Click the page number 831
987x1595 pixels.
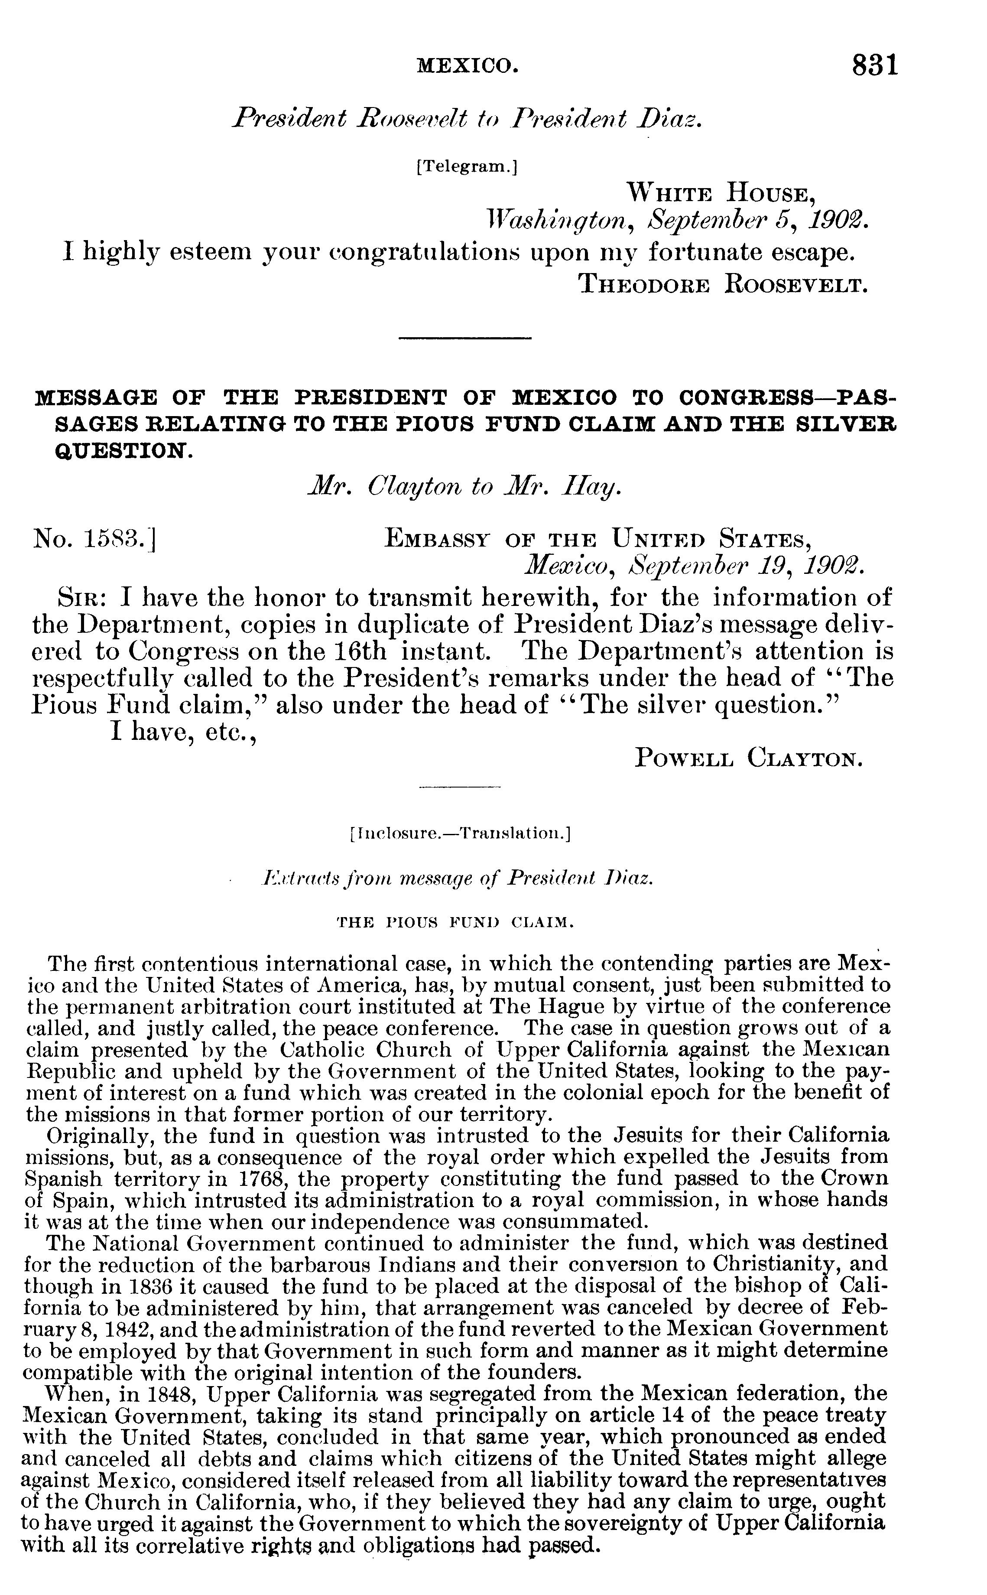point(875,66)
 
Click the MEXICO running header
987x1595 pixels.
point(468,65)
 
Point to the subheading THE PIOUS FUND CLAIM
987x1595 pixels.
point(455,922)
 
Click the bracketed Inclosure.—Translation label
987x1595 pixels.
point(460,834)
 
